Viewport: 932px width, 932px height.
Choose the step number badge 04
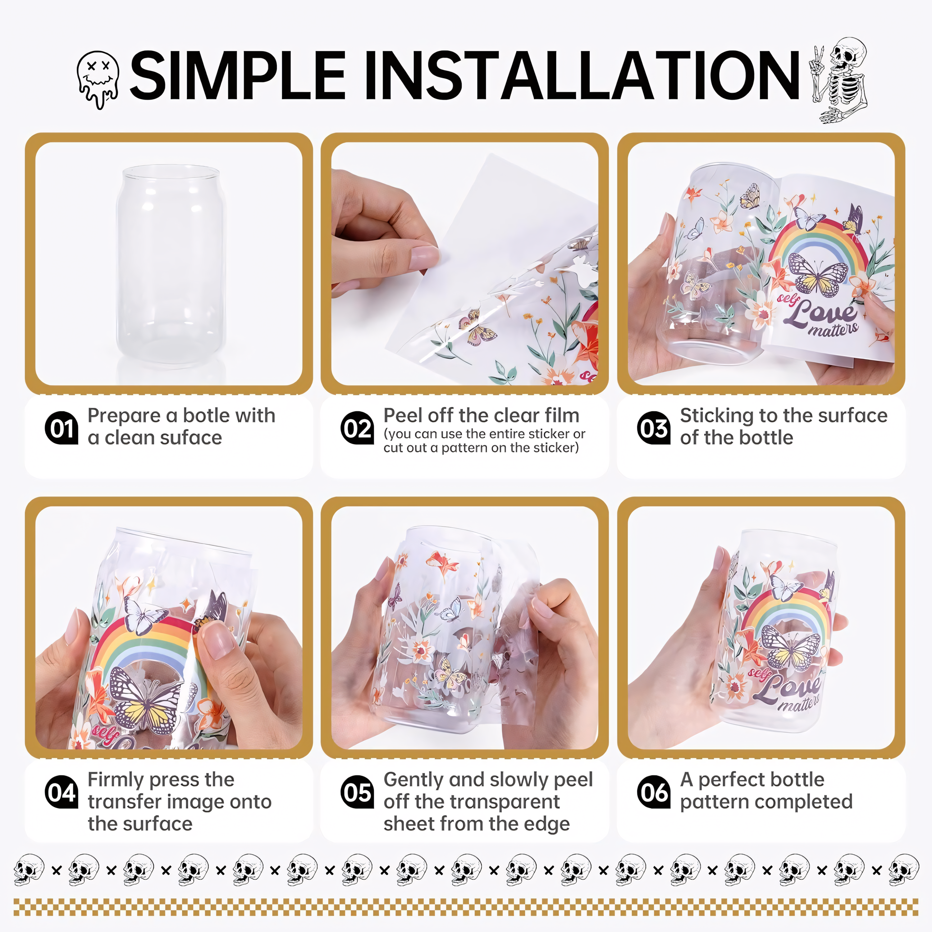point(61,792)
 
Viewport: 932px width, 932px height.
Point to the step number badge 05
point(357,792)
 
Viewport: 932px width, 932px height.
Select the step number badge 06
point(654,792)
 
